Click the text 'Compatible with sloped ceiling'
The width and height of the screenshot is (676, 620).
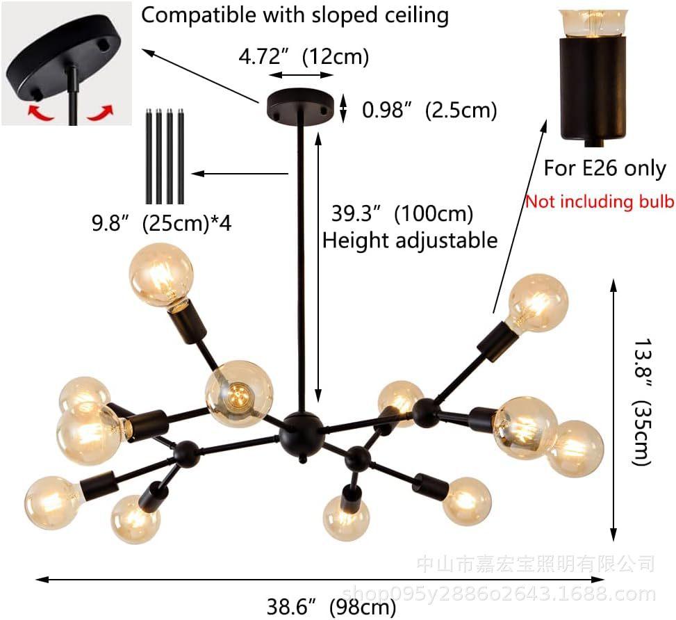click(x=295, y=15)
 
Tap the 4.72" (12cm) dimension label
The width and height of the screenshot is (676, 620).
click(x=304, y=56)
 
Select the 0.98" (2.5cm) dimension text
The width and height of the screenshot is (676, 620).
click(x=429, y=110)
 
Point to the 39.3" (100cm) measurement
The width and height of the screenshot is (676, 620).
click(x=402, y=213)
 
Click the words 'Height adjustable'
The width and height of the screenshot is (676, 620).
click(x=410, y=240)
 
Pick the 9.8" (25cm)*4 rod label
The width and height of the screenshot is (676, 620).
click(x=162, y=223)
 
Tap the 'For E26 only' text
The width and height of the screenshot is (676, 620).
click(x=605, y=168)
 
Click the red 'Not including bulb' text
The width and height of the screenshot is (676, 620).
click(x=600, y=202)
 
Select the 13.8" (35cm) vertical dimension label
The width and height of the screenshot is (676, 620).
click(x=641, y=402)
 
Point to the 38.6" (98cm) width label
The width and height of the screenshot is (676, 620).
click(x=331, y=607)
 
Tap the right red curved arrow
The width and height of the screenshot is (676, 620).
click(x=101, y=113)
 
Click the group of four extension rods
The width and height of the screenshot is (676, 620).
click(x=165, y=156)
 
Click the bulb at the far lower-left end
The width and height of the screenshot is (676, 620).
click(x=53, y=503)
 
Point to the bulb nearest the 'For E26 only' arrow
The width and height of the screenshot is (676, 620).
click(x=537, y=304)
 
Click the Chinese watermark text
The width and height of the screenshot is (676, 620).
click(x=536, y=564)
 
